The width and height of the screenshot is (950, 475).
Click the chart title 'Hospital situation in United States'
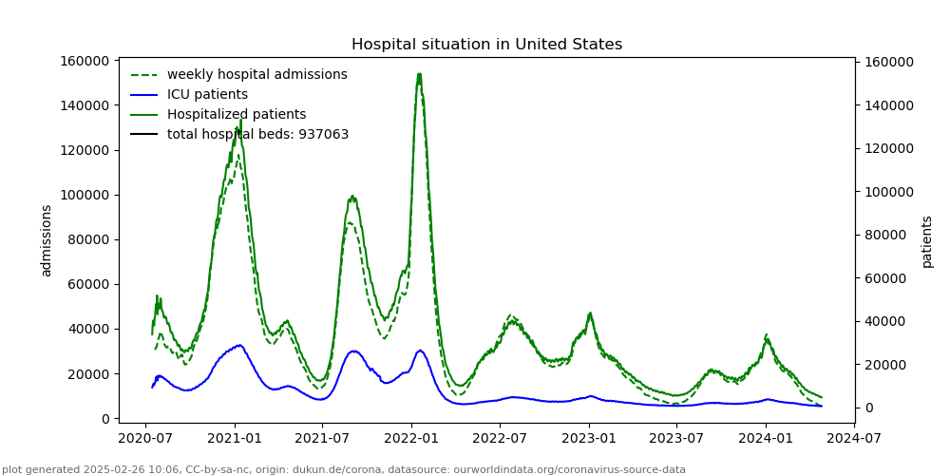pos(486,45)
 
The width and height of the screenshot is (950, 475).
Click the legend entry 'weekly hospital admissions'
pos(256,75)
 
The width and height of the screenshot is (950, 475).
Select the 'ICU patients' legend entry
pos(207,95)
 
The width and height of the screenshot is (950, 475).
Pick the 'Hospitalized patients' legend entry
pos(237,115)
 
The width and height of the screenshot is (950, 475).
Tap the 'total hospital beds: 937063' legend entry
pos(257,135)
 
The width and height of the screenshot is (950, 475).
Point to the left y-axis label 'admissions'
pos(47,240)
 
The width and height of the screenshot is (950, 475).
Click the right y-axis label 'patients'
pos(927,241)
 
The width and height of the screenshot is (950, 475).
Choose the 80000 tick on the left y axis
pos(87,239)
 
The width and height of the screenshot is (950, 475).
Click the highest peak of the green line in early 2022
pos(419,74)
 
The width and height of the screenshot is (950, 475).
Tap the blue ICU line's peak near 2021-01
pos(239,345)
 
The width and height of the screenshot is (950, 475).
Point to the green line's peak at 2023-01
pos(590,313)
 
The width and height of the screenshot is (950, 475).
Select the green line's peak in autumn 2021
pos(352,197)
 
